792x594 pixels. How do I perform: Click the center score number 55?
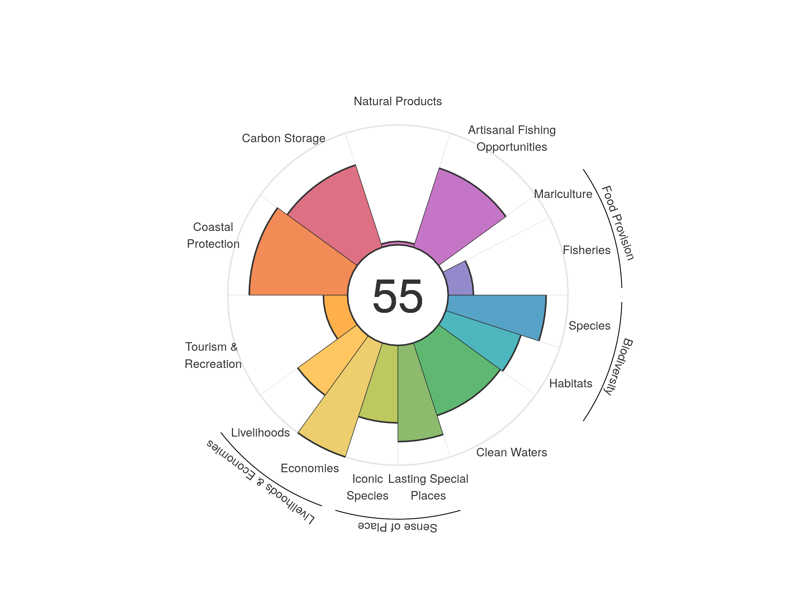(x=397, y=296)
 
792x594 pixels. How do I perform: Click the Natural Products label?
(x=397, y=101)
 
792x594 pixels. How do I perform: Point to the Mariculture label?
(x=563, y=194)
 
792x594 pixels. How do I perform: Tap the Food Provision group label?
(x=618, y=223)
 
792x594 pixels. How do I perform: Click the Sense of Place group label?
(x=397, y=527)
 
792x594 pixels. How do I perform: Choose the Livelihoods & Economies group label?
(x=261, y=482)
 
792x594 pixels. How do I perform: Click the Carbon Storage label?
(x=283, y=138)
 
